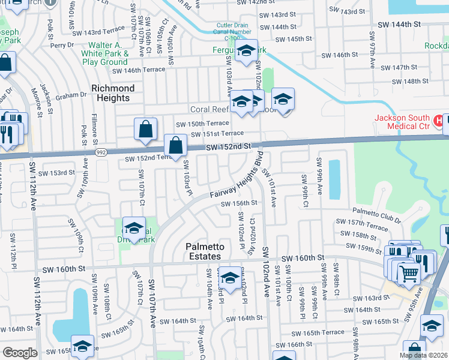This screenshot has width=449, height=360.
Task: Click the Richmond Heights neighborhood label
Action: (112, 93)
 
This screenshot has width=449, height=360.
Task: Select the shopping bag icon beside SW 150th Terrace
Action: (146, 129)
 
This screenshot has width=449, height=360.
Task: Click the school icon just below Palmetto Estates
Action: (230, 278)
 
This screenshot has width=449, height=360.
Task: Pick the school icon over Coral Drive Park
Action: (134, 229)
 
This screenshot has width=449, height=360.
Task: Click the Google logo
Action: (20, 353)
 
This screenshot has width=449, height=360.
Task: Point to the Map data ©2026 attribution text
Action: (423, 355)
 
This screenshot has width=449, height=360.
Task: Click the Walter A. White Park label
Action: (105, 53)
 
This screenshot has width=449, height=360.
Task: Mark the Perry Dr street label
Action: (62, 45)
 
